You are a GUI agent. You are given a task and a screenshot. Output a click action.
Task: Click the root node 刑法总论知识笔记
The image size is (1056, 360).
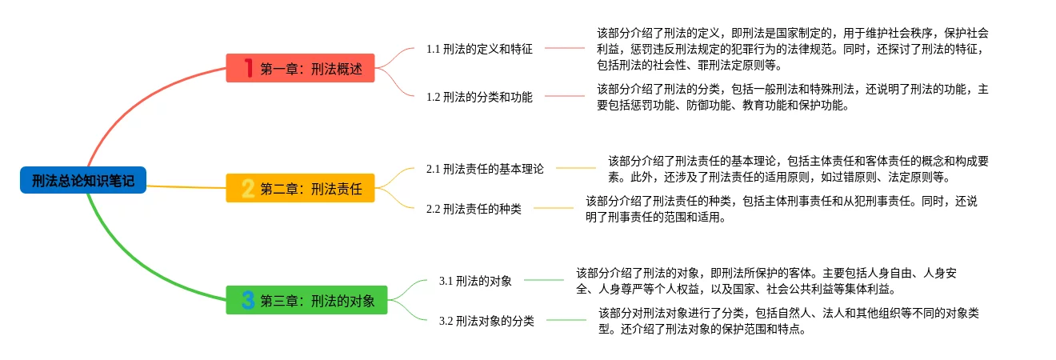pos(83,180)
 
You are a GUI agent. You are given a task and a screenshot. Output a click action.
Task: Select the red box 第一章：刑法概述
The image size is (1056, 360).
pos(300,69)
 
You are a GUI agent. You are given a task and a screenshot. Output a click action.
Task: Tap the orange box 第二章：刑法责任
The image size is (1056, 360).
pos(300,189)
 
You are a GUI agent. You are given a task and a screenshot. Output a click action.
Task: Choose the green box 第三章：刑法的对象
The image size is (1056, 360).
pos(306,301)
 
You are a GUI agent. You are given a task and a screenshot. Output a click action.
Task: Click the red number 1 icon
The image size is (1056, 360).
pos(248,69)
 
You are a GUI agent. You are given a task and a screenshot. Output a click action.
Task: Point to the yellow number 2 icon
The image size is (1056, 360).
pos(248,189)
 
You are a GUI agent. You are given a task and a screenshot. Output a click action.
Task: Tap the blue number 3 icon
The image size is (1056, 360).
pos(248,301)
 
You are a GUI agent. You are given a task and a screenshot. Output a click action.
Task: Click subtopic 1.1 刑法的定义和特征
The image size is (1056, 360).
pos(479,49)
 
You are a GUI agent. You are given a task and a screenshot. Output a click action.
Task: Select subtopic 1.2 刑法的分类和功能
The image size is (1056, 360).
pos(479,97)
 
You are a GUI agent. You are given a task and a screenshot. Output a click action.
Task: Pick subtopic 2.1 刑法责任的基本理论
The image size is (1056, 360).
pos(485,169)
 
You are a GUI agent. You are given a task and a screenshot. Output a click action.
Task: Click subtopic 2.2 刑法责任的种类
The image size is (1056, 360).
pos(474,209)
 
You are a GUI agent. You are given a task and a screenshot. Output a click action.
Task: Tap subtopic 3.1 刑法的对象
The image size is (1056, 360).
pos(475,281)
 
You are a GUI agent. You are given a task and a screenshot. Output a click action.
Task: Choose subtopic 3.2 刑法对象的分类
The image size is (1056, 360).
pos(486,321)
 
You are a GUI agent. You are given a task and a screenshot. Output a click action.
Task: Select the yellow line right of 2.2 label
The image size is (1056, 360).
pos(554,208)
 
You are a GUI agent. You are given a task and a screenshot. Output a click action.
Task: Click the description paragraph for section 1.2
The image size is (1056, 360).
pos(792,97)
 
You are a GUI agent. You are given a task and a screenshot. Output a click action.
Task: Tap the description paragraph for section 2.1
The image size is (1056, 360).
pos(798,169)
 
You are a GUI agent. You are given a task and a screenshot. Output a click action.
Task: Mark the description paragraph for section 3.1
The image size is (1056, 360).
pos(766,281)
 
